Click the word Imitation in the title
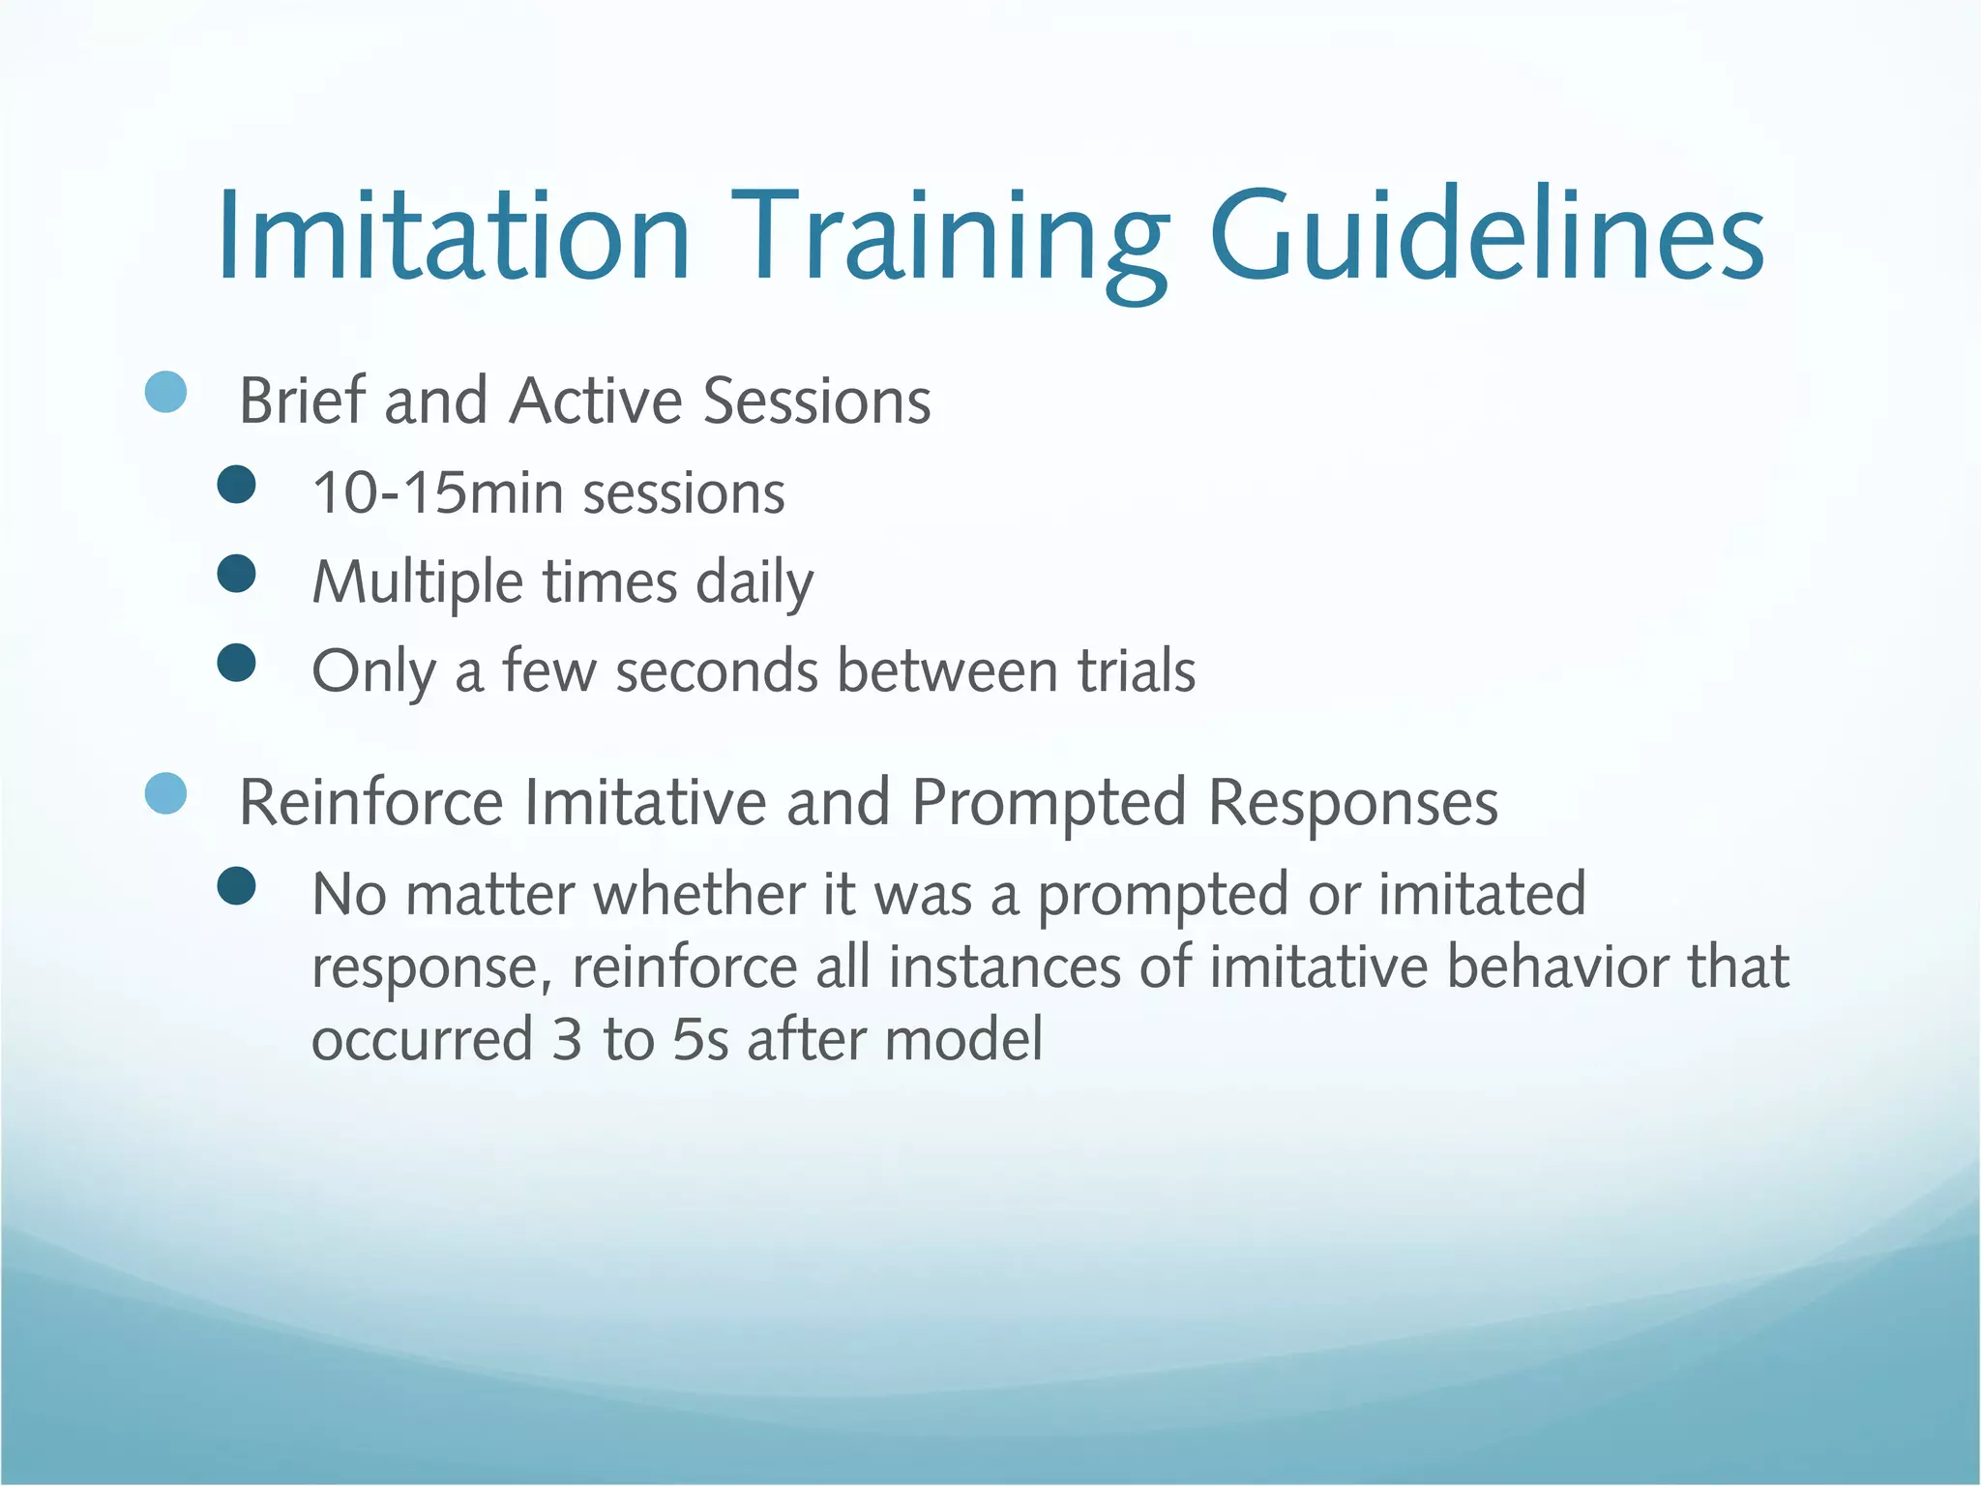[453, 237]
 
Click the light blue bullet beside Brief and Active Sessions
[165, 392]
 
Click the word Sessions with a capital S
[816, 401]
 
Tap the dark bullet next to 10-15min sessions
[237, 484]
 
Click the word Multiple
[418, 582]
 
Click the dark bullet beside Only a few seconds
[237, 663]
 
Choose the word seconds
[717, 671]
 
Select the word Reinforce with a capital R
[371, 802]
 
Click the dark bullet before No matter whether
[237, 885]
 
